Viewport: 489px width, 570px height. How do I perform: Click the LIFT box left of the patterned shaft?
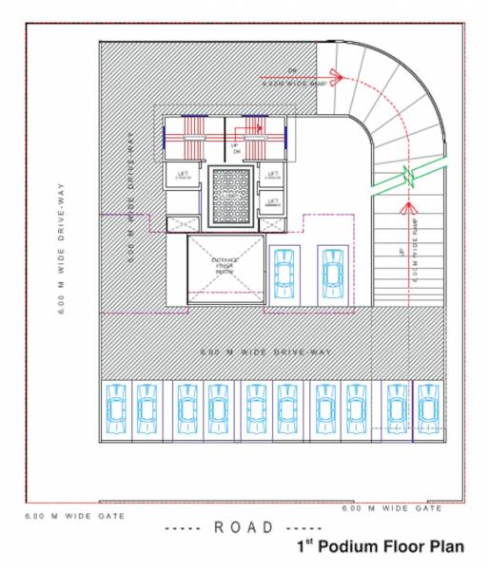183,177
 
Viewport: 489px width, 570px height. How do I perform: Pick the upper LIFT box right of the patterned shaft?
272,177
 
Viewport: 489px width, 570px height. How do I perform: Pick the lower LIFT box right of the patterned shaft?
272,201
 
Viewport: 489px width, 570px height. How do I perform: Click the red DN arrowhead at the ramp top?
334,75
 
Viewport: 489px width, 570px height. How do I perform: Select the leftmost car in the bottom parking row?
115,408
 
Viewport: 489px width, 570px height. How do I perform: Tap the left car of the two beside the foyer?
284,275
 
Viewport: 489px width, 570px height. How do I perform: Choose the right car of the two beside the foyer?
331,275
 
